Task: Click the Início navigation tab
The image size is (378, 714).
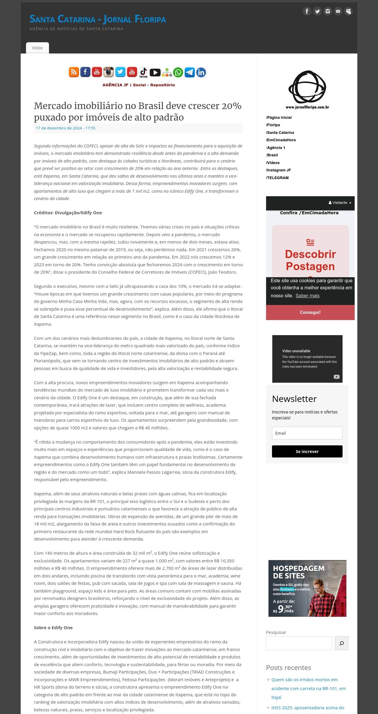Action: tap(38, 48)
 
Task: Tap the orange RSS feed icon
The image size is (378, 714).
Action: tap(74, 72)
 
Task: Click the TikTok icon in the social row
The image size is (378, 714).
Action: tap(144, 72)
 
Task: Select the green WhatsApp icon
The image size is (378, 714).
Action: tap(178, 72)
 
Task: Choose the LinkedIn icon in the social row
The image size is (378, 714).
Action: tap(201, 72)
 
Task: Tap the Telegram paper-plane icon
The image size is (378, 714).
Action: tap(190, 72)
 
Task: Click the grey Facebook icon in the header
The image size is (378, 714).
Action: tap(307, 11)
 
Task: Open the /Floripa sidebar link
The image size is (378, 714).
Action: tap(273, 125)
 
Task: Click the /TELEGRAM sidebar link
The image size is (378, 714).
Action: tap(278, 178)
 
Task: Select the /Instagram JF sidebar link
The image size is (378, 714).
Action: tap(278, 170)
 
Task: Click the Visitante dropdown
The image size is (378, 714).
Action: tap(340, 203)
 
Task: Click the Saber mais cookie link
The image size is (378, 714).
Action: tap(307, 296)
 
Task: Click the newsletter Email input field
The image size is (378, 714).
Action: tap(307, 433)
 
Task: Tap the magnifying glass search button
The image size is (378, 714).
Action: tap(342, 643)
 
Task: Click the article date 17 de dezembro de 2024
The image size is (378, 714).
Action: tap(66, 128)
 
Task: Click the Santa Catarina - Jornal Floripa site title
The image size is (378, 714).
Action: tap(98, 19)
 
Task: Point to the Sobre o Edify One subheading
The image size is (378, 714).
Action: tap(53, 628)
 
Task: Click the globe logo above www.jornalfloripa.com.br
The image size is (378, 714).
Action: tap(307, 87)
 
